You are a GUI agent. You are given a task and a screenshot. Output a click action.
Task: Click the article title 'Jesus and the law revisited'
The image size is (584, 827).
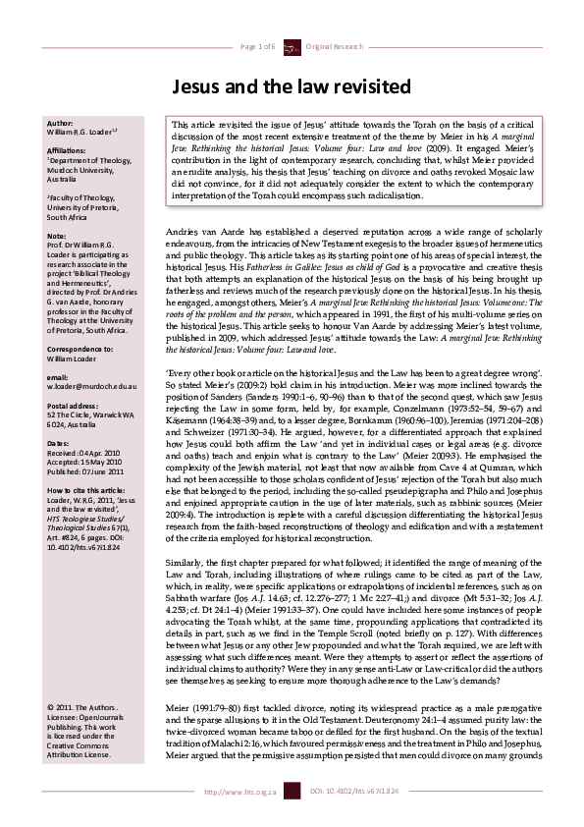pyautogui.click(x=292, y=87)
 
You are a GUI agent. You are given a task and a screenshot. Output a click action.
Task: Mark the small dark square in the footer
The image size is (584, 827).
pyautogui.click(x=291, y=817)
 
